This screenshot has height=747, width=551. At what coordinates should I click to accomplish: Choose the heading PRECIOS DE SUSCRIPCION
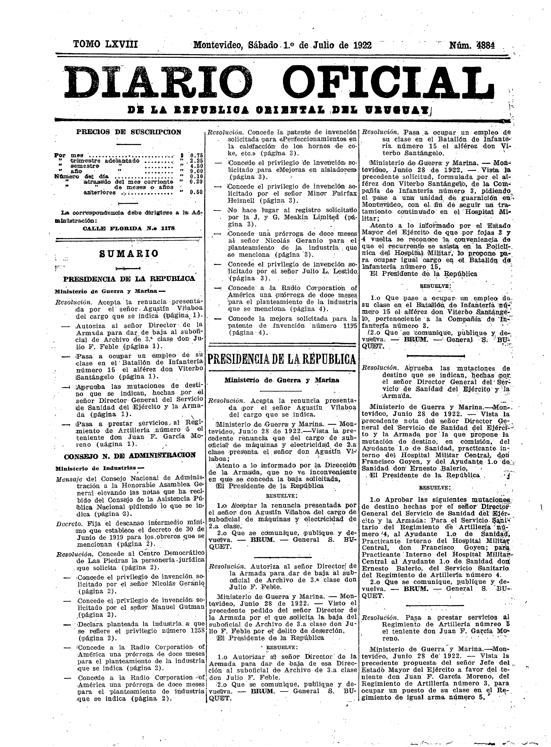pyautogui.click(x=128, y=132)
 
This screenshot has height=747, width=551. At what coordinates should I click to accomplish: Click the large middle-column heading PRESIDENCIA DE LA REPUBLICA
pyautogui.click(x=282, y=359)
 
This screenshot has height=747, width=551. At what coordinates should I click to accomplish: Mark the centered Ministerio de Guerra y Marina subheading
pyautogui.click(x=282, y=380)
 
